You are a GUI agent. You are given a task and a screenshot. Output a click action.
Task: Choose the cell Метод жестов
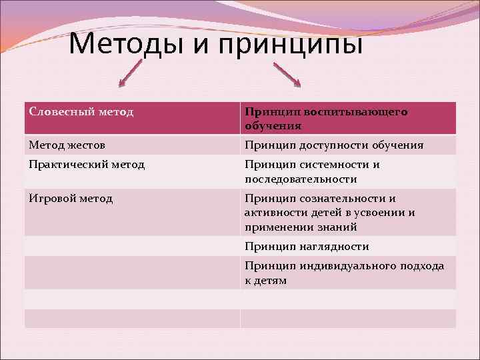click(67, 145)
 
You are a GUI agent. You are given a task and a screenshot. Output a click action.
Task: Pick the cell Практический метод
click(87, 164)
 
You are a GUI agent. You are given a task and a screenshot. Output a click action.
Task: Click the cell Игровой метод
click(71, 198)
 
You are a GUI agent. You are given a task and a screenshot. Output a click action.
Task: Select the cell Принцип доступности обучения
click(333, 145)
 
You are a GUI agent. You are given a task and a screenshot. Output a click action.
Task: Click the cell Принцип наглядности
click(307, 246)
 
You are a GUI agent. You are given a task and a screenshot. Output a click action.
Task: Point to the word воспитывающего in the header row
click(364, 112)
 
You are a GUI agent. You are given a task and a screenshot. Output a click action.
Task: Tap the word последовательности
click(301, 179)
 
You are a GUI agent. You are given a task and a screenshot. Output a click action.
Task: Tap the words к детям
click(265, 280)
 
